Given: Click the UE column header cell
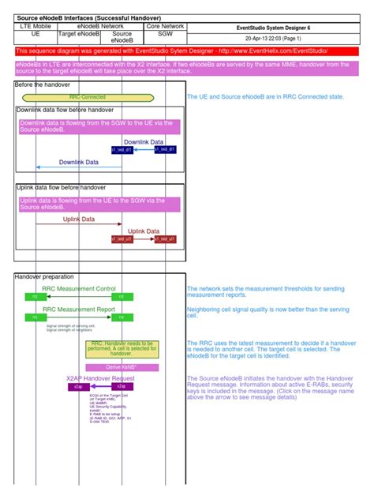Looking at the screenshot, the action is tap(36, 35).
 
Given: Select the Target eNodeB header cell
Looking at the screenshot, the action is tap(79, 35).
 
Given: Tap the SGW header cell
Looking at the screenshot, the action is tap(165, 35).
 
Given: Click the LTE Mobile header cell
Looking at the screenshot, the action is tap(36, 26).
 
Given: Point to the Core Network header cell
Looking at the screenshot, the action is tap(165, 26).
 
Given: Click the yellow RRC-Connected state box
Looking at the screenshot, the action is tap(87, 97).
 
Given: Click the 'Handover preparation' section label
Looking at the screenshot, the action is tap(45, 277).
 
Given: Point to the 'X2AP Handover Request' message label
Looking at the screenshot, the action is tap(100, 379).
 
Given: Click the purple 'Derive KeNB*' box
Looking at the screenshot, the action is tap(122, 367).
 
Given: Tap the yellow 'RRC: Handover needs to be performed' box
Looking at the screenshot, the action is tap(122, 348).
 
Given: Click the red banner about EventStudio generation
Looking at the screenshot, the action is tap(186, 51).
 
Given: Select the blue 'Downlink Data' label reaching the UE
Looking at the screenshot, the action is tap(80, 162).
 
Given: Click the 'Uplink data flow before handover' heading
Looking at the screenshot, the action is tap(61, 187).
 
